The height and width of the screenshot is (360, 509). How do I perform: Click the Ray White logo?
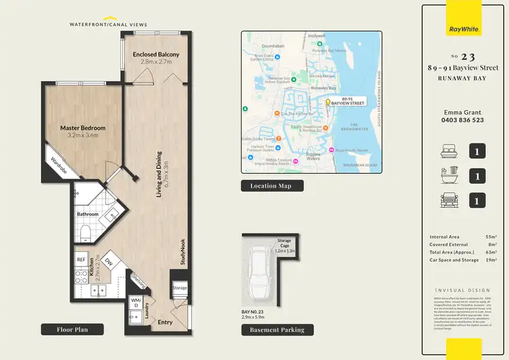[464, 29]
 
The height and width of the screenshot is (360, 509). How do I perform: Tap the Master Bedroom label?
[83, 128]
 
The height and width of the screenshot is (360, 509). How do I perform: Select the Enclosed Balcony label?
[156, 54]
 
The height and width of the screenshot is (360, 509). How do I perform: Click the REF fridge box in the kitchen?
[81, 259]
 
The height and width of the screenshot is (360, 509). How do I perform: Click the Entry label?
[165, 322]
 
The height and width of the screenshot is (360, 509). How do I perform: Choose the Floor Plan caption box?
[73, 329]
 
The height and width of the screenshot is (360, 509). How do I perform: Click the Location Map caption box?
[272, 185]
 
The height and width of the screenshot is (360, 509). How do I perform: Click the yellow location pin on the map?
[327, 102]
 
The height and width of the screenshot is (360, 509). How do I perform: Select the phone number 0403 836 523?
[464, 120]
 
